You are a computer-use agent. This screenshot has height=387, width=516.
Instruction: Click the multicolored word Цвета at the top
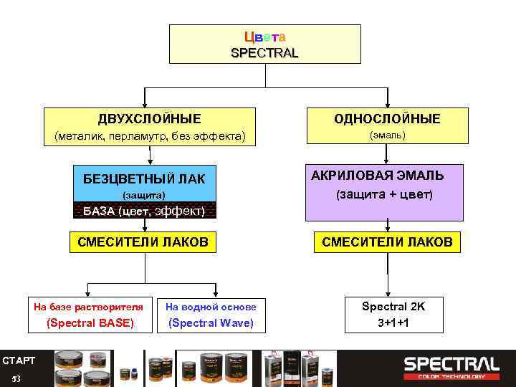(264, 37)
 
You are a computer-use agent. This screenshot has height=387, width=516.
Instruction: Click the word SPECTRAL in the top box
(264, 53)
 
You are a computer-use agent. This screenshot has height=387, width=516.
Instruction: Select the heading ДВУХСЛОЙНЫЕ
(149, 118)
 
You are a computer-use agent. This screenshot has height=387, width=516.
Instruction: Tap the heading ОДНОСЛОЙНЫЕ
(387, 118)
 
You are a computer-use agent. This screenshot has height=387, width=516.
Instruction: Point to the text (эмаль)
(387, 135)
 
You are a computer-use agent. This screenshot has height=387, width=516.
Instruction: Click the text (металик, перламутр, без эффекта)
(150, 135)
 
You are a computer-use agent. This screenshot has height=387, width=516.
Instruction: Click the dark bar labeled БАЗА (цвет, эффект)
(145, 211)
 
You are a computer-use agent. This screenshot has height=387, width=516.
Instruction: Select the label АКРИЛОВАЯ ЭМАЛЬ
(377, 176)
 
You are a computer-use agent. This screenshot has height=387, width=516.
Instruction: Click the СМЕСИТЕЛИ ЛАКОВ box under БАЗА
(143, 242)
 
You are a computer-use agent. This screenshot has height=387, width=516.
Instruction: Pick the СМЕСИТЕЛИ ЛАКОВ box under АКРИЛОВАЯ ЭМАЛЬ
(387, 242)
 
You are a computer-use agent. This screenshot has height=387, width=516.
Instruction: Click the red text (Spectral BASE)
(90, 322)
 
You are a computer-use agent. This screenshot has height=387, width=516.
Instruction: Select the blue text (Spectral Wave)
(211, 322)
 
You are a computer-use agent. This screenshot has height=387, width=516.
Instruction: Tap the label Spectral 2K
(393, 306)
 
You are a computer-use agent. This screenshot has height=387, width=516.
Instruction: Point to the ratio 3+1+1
(393, 322)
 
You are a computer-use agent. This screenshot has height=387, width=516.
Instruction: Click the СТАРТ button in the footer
(19, 360)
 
